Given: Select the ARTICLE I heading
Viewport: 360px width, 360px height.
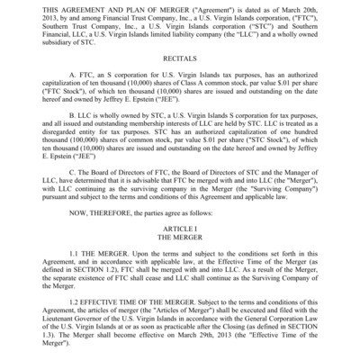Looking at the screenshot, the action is tap(180, 230).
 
